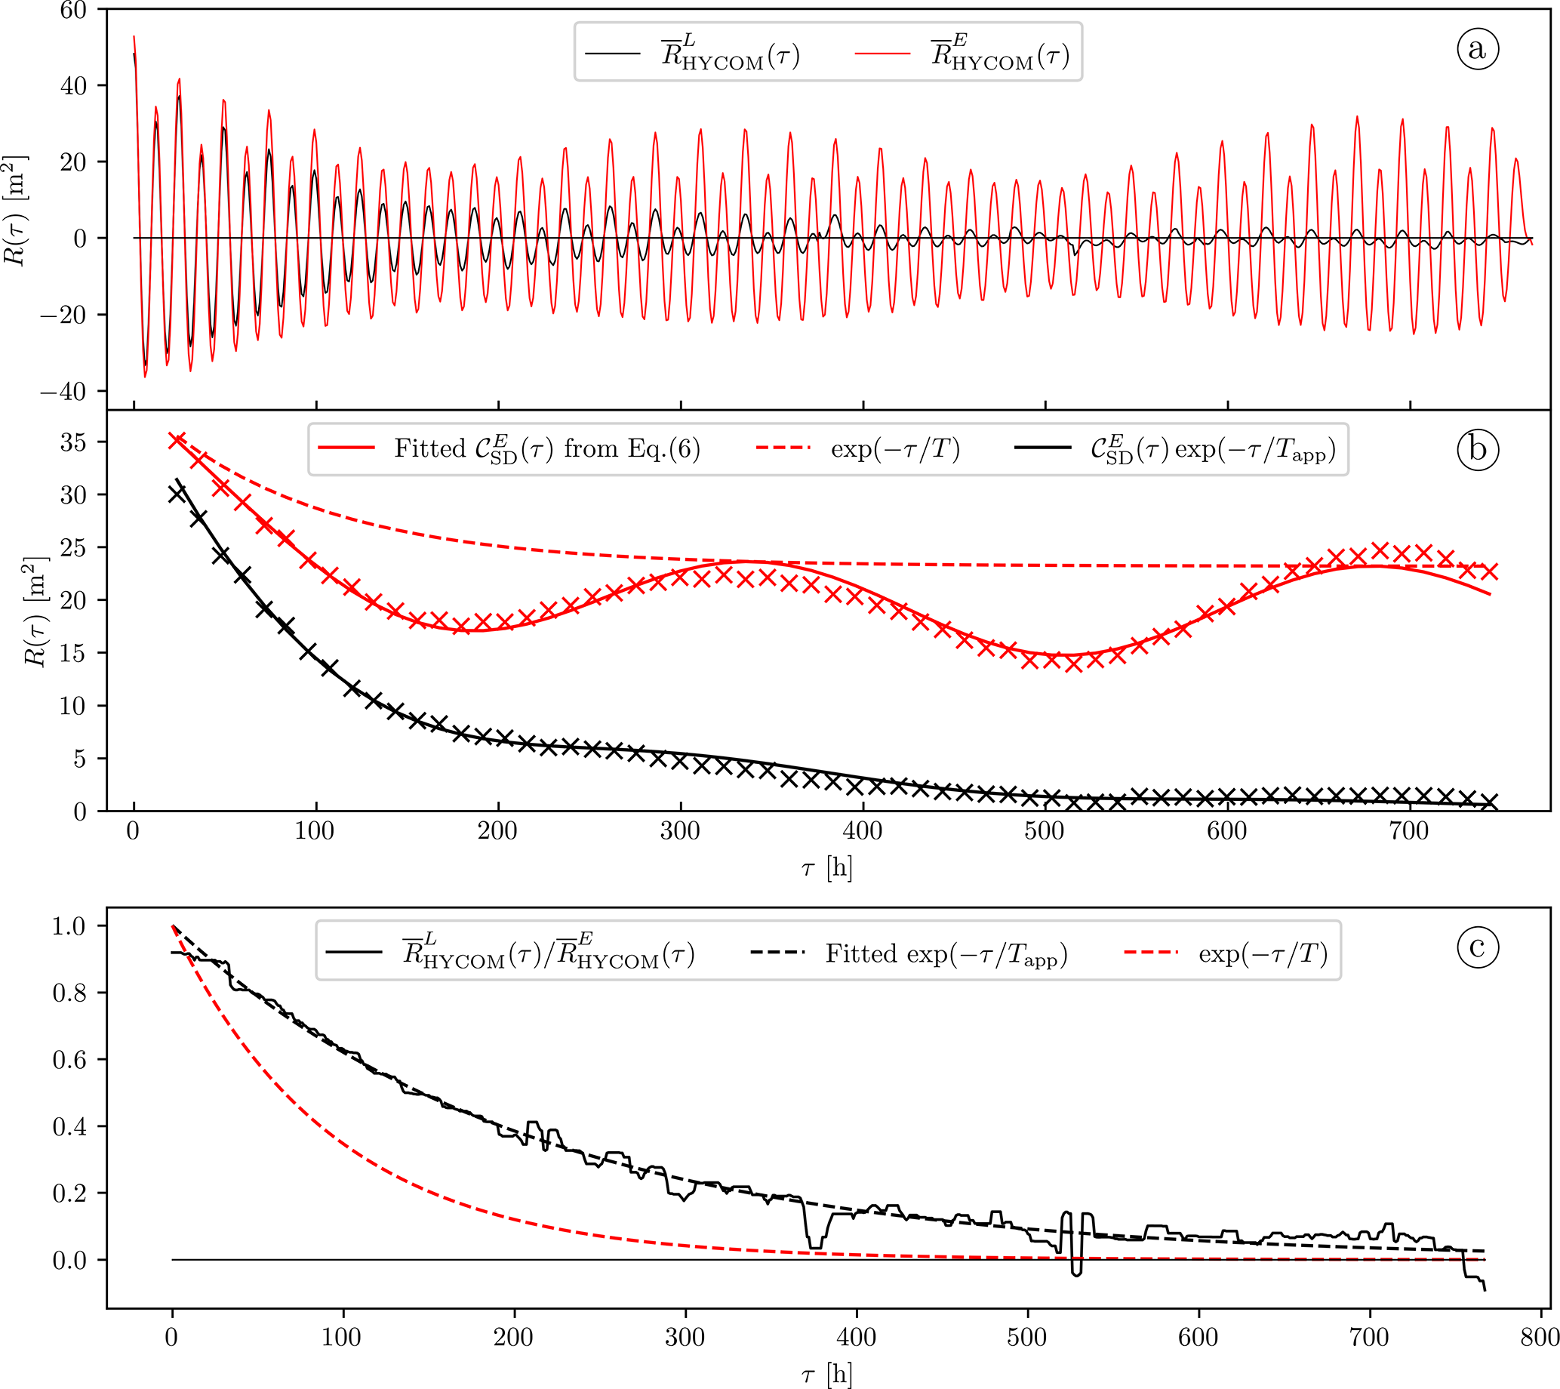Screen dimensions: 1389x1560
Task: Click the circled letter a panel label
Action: point(1477,49)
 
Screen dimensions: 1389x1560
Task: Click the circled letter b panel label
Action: point(1477,449)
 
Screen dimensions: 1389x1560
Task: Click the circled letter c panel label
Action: point(1477,947)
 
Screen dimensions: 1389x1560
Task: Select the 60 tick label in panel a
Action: point(73,11)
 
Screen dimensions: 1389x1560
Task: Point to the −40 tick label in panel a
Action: point(63,392)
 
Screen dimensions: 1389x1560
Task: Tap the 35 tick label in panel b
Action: point(73,442)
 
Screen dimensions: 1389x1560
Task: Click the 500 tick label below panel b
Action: point(1044,831)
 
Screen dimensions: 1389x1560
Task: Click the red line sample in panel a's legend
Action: point(882,54)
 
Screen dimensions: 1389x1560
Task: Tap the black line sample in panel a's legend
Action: point(612,54)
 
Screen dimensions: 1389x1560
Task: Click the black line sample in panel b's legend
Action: point(1042,448)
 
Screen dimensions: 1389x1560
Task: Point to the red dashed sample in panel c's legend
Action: point(1151,953)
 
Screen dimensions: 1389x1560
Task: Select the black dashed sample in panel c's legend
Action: point(777,953)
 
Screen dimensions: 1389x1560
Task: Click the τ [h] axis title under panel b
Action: point(826,867)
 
